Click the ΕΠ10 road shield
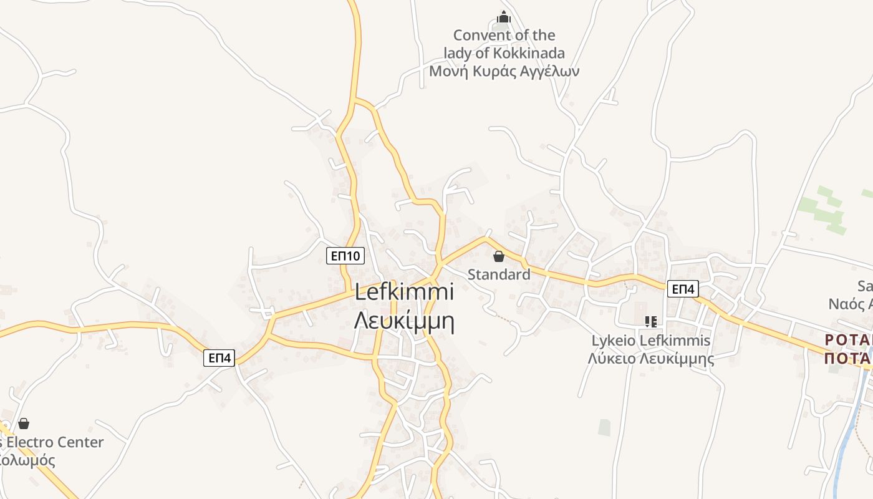pos(345,255)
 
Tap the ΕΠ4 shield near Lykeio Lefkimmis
pos(683,289)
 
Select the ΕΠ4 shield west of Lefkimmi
pos(219,358)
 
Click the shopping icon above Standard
pos(499,256)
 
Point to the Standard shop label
pos(499,274)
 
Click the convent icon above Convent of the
pos(504,17)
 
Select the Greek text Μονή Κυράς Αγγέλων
pos(504,71)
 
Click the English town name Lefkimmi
pos(404,293)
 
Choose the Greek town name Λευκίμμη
pos(404,321)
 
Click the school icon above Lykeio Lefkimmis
pos(651,322)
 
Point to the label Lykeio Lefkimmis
pos(651,341)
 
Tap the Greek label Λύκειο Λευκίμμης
pos(651,359)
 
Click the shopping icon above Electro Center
pos(24,424)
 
